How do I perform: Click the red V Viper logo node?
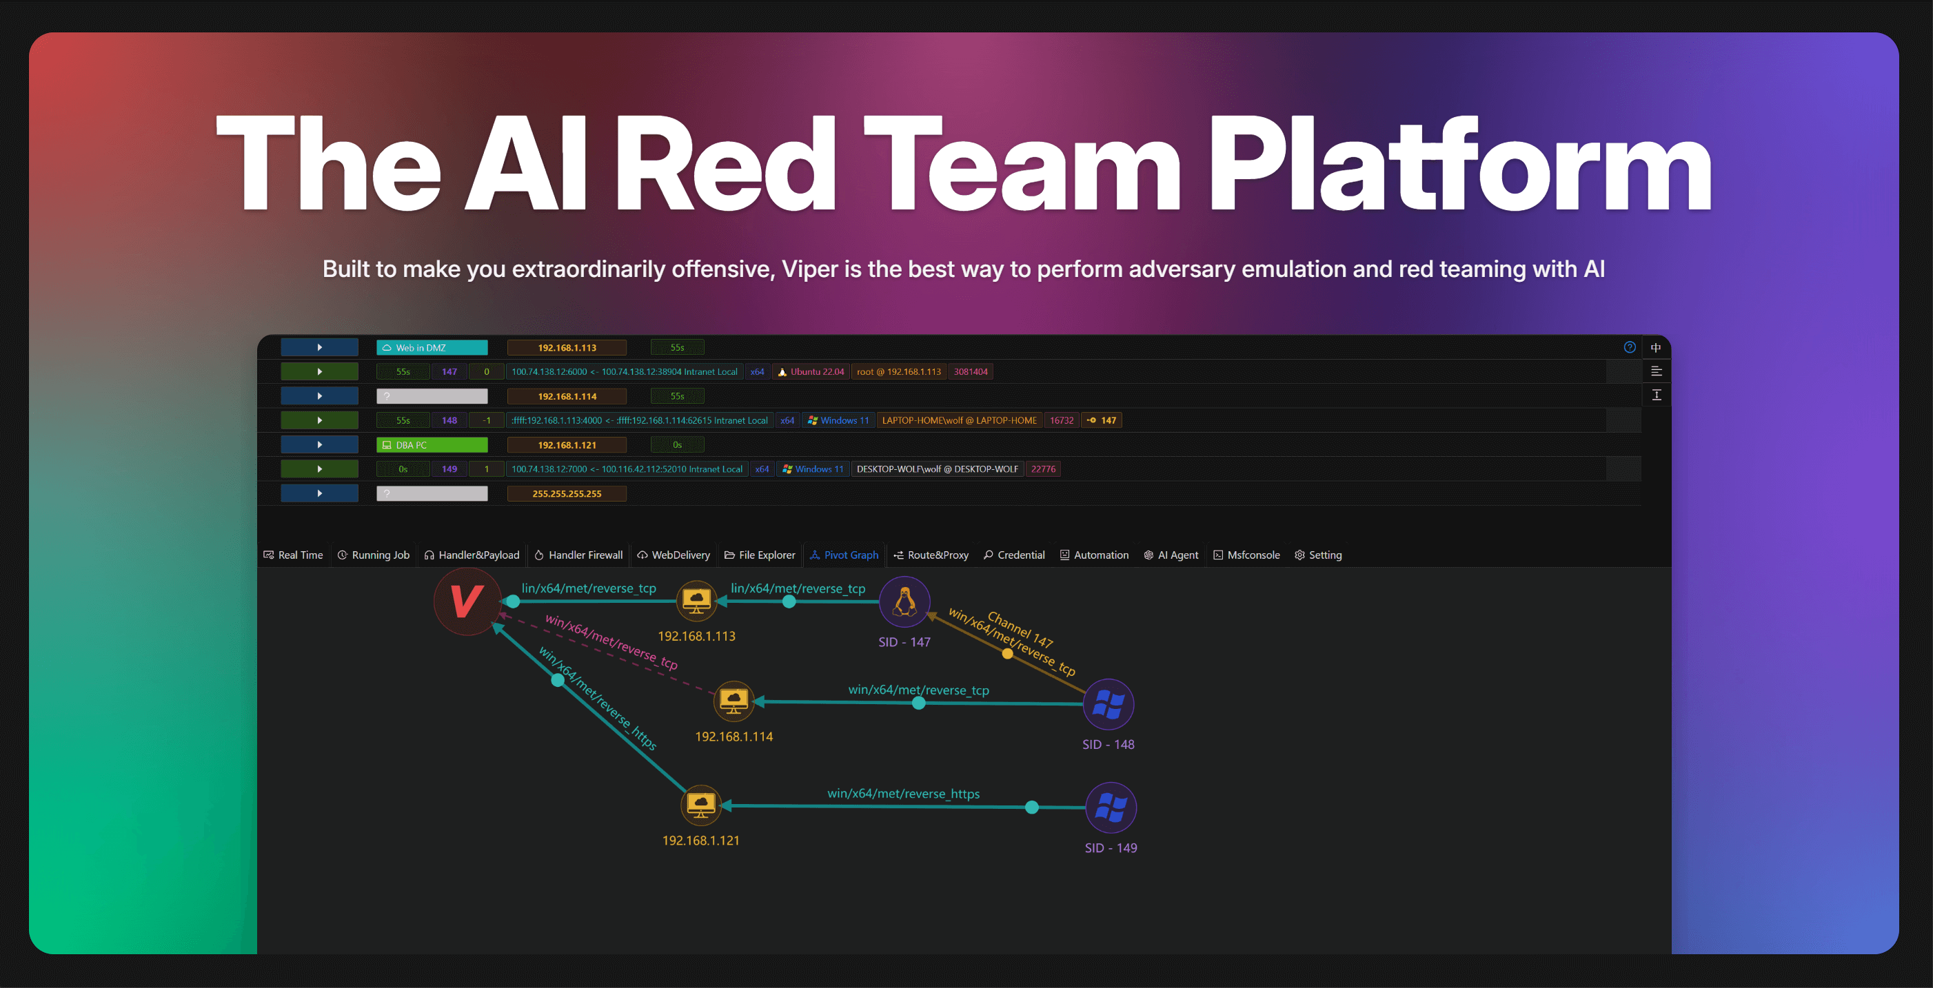point(467,601)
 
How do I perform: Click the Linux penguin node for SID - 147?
point(904,601)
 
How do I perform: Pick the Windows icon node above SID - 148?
point(1109,704)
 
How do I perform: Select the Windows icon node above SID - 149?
point(1111,808)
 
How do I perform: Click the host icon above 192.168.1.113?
point(696,600)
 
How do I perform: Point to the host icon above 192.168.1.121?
point(701,805)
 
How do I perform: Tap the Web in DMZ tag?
point(432,348)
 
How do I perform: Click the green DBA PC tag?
point(432,446)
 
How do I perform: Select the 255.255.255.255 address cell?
point(567,493)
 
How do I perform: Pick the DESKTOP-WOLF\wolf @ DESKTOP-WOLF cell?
point(938,470)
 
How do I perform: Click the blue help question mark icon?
point(1629,347)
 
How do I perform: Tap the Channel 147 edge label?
point(1020,628)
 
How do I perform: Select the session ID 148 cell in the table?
point(449,421)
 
